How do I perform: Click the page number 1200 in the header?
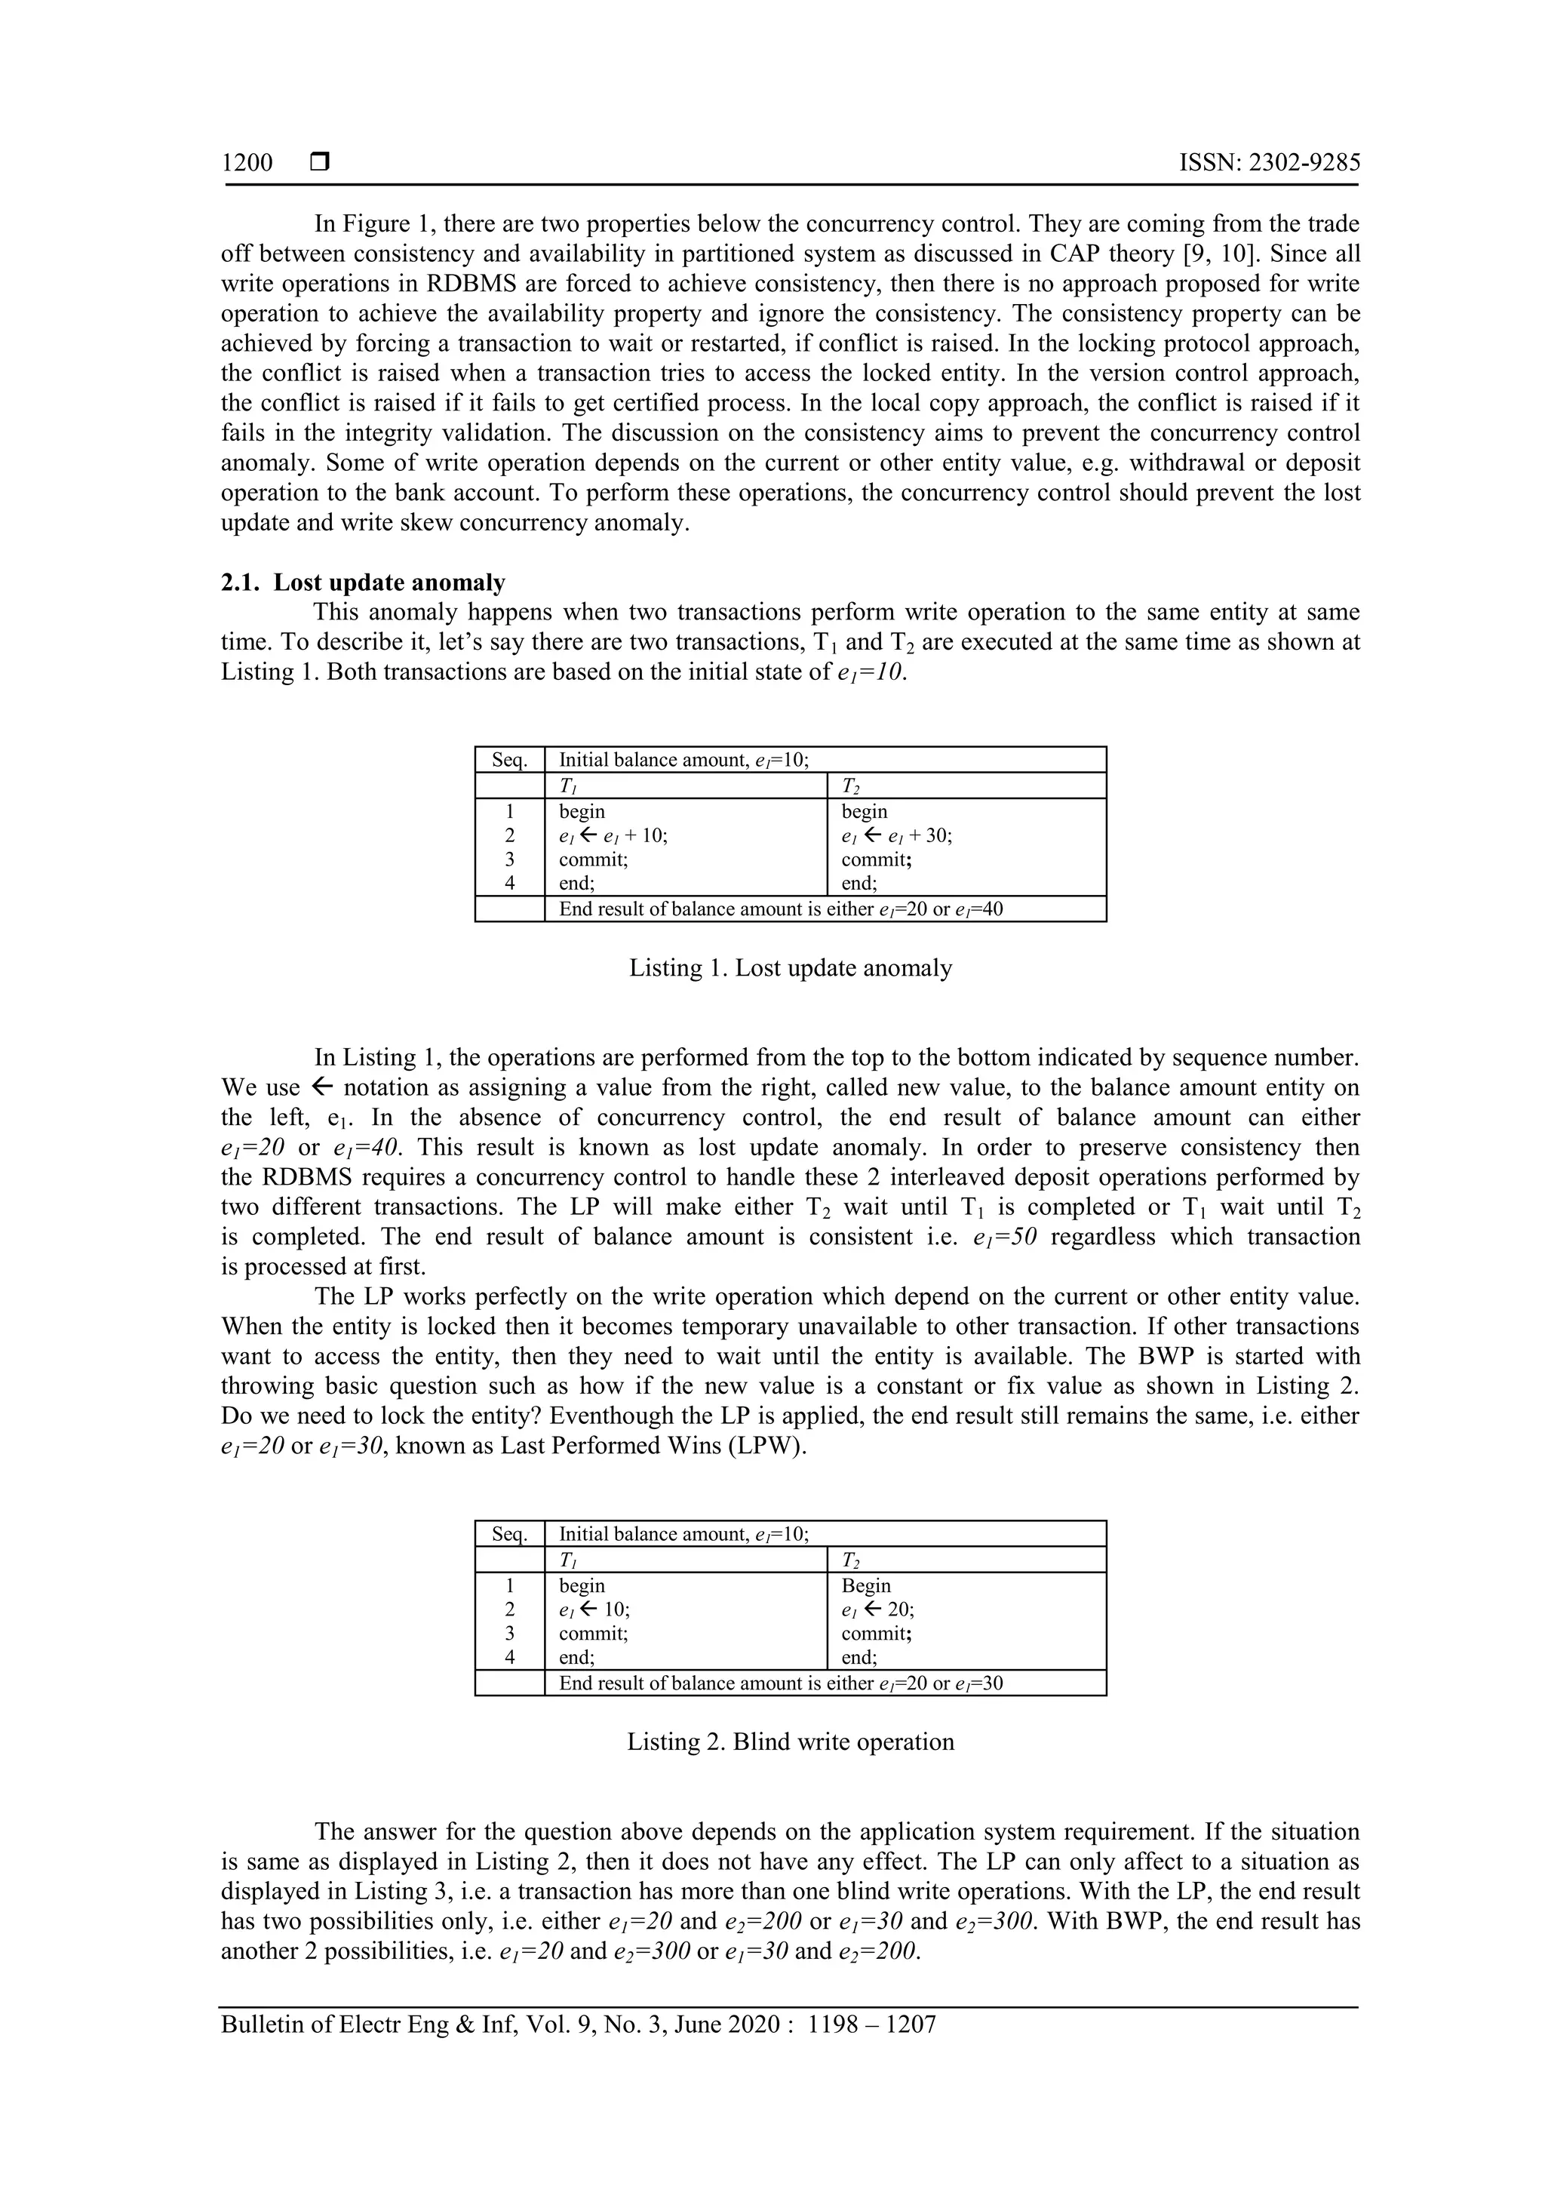[247, 163]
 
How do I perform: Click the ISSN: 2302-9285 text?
[1269, 163]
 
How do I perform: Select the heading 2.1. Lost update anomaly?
[363, 582]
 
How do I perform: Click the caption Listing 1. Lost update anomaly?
[790, 968]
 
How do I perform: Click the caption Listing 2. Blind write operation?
[790, 1742]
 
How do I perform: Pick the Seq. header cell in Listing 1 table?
[509, 760]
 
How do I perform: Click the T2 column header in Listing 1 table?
[850, 786]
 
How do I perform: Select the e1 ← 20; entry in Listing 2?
[877, 1609]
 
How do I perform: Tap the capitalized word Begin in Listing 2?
[865, 1585]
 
